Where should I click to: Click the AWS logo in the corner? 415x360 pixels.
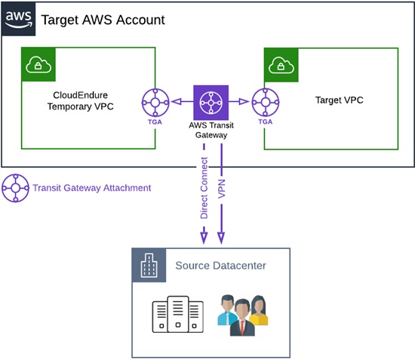[18, 19]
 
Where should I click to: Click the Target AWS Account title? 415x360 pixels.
[103, 20]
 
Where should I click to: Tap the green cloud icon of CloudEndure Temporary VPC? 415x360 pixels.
[38, 64]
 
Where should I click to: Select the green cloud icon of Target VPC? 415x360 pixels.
[281, 65]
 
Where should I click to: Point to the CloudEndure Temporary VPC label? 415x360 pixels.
[81, 100]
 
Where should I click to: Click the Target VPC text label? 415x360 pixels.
[339, 100]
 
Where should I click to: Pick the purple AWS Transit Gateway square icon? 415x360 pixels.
[211, 103]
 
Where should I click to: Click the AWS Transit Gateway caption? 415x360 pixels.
[211, 130]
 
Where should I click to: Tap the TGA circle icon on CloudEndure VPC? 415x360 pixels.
[155, 103]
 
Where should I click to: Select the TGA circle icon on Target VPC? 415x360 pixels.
[266, 102]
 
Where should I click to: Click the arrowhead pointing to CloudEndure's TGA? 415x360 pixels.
[177, 101]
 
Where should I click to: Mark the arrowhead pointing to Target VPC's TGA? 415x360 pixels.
[244, 101]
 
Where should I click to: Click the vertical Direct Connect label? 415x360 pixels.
[204, 188]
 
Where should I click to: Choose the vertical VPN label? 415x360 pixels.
[221, 189]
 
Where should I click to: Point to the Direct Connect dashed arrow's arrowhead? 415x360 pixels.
[204, 238]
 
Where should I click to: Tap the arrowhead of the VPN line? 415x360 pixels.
[221, 238]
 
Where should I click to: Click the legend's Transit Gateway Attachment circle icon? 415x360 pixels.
[16, 188]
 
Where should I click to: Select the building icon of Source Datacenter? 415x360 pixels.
[149, 265]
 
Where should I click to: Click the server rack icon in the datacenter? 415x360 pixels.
[178, 314]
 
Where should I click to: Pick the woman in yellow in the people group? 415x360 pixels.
[258, 310]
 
